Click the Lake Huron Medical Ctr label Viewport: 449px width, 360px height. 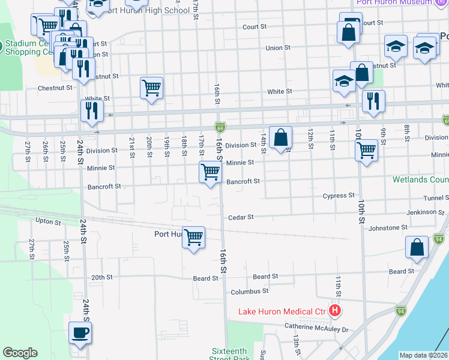point(282,311)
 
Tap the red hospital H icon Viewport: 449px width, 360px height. point(335,311)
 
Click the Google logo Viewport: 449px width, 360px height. point(20,353)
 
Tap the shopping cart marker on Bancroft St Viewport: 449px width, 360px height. point(210,173)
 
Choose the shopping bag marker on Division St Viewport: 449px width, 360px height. point(280,138)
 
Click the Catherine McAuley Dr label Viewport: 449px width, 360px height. point(318,329)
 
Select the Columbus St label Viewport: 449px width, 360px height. point(249,292)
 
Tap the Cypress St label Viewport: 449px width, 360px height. point(339,196)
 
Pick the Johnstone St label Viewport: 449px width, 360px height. point(388,228)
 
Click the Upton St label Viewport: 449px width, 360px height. point(49,221)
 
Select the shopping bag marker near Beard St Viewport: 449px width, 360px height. point(417,248)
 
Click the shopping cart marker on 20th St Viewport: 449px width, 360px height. point(151,88)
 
